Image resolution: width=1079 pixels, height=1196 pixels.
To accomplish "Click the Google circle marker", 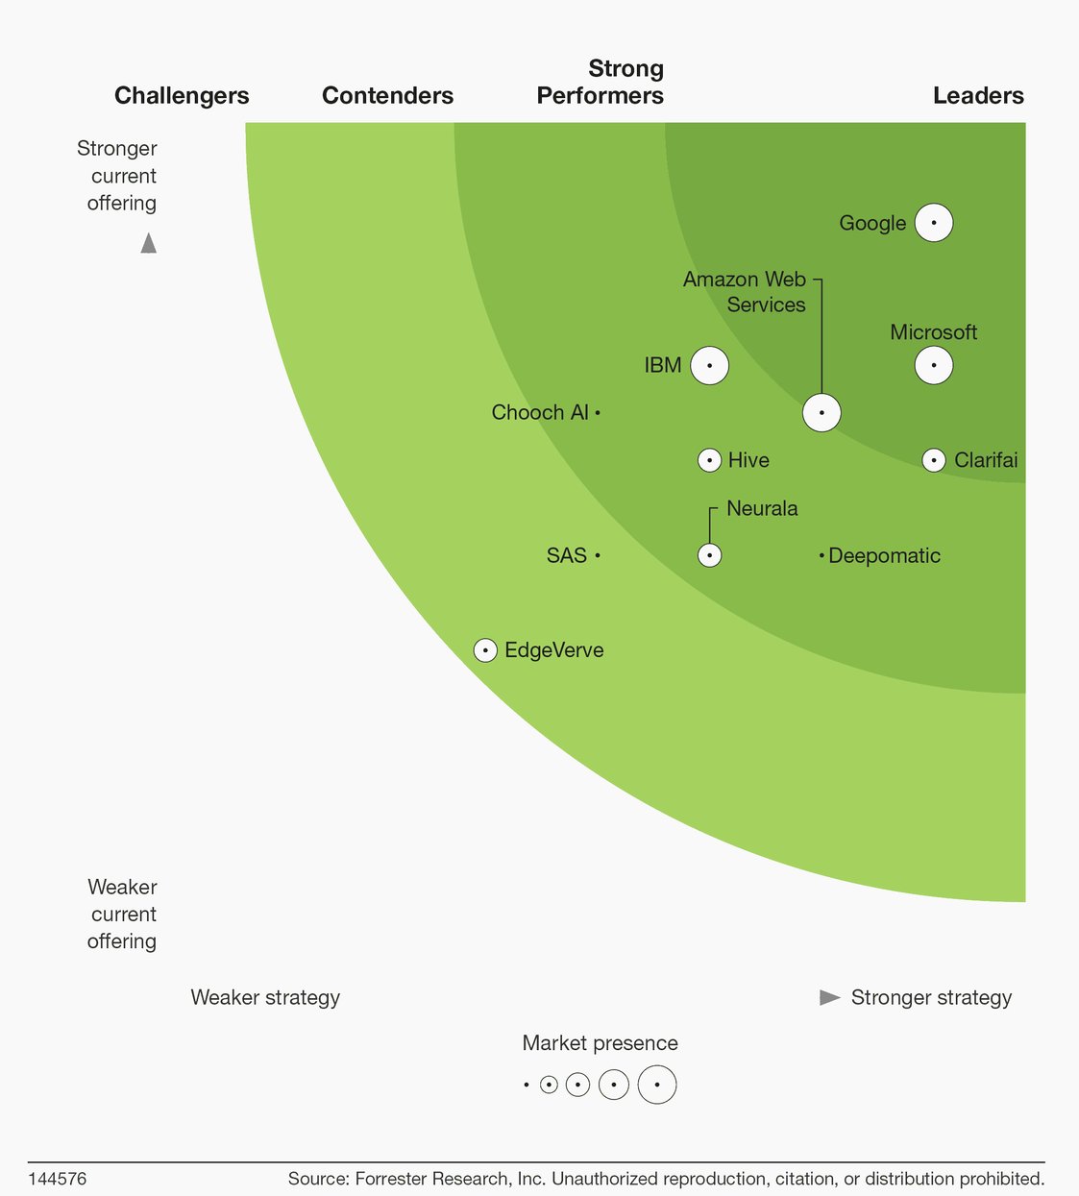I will click(933, 223).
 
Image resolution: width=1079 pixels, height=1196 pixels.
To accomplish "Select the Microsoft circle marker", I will click(933, 365).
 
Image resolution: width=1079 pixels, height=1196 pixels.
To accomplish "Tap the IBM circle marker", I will click(709, 365).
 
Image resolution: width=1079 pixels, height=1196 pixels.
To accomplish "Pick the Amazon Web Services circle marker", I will click(822, 412).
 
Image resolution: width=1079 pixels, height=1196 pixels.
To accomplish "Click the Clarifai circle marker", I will click(933, 460).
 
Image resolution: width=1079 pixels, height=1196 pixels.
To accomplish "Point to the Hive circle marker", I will click(709, 460).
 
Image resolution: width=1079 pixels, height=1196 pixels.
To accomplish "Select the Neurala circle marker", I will click(709, 555).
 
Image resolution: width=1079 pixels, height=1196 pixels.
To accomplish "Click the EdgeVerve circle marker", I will click(485, 650).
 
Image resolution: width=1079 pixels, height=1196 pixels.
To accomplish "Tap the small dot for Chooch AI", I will click(598, 412).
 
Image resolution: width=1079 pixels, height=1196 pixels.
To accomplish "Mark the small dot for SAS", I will click(598, 555).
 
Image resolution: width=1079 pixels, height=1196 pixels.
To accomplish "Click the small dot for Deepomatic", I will click(822, 555).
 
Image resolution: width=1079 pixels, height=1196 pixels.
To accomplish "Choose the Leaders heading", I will click(977, 95).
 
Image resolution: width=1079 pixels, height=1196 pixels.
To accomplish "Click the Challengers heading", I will click(182, 95).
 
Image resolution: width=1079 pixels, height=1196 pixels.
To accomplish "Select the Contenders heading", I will click(387, 95).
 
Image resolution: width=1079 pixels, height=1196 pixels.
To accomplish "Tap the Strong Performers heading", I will click(601, 83).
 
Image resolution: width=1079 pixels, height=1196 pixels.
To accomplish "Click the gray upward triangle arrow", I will click(148, 244).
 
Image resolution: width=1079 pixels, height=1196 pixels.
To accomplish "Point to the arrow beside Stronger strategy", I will click(829, 997).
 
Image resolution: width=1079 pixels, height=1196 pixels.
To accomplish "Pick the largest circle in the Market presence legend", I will click(657, 1085).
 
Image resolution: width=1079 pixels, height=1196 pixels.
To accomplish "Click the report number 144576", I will click(57, 1179).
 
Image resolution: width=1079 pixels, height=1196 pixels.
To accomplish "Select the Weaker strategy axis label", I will click(265, 997).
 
